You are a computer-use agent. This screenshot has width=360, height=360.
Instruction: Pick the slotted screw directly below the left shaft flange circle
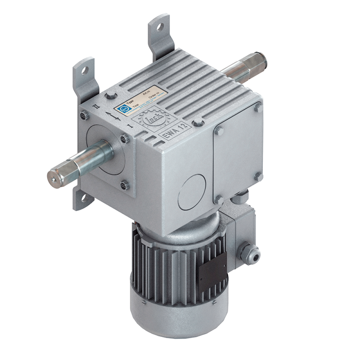click(x=125, y=185)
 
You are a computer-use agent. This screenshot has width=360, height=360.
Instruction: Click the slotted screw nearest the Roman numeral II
click(x=84, y=115)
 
